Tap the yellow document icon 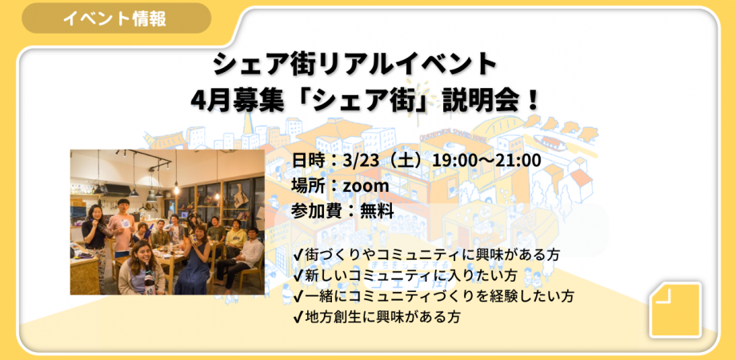(675, 309)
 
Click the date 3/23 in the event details (360, 161)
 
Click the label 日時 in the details (310, 161)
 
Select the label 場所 (310, 186)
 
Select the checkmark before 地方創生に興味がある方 (298, 317)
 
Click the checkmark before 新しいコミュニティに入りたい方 (298, 275)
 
